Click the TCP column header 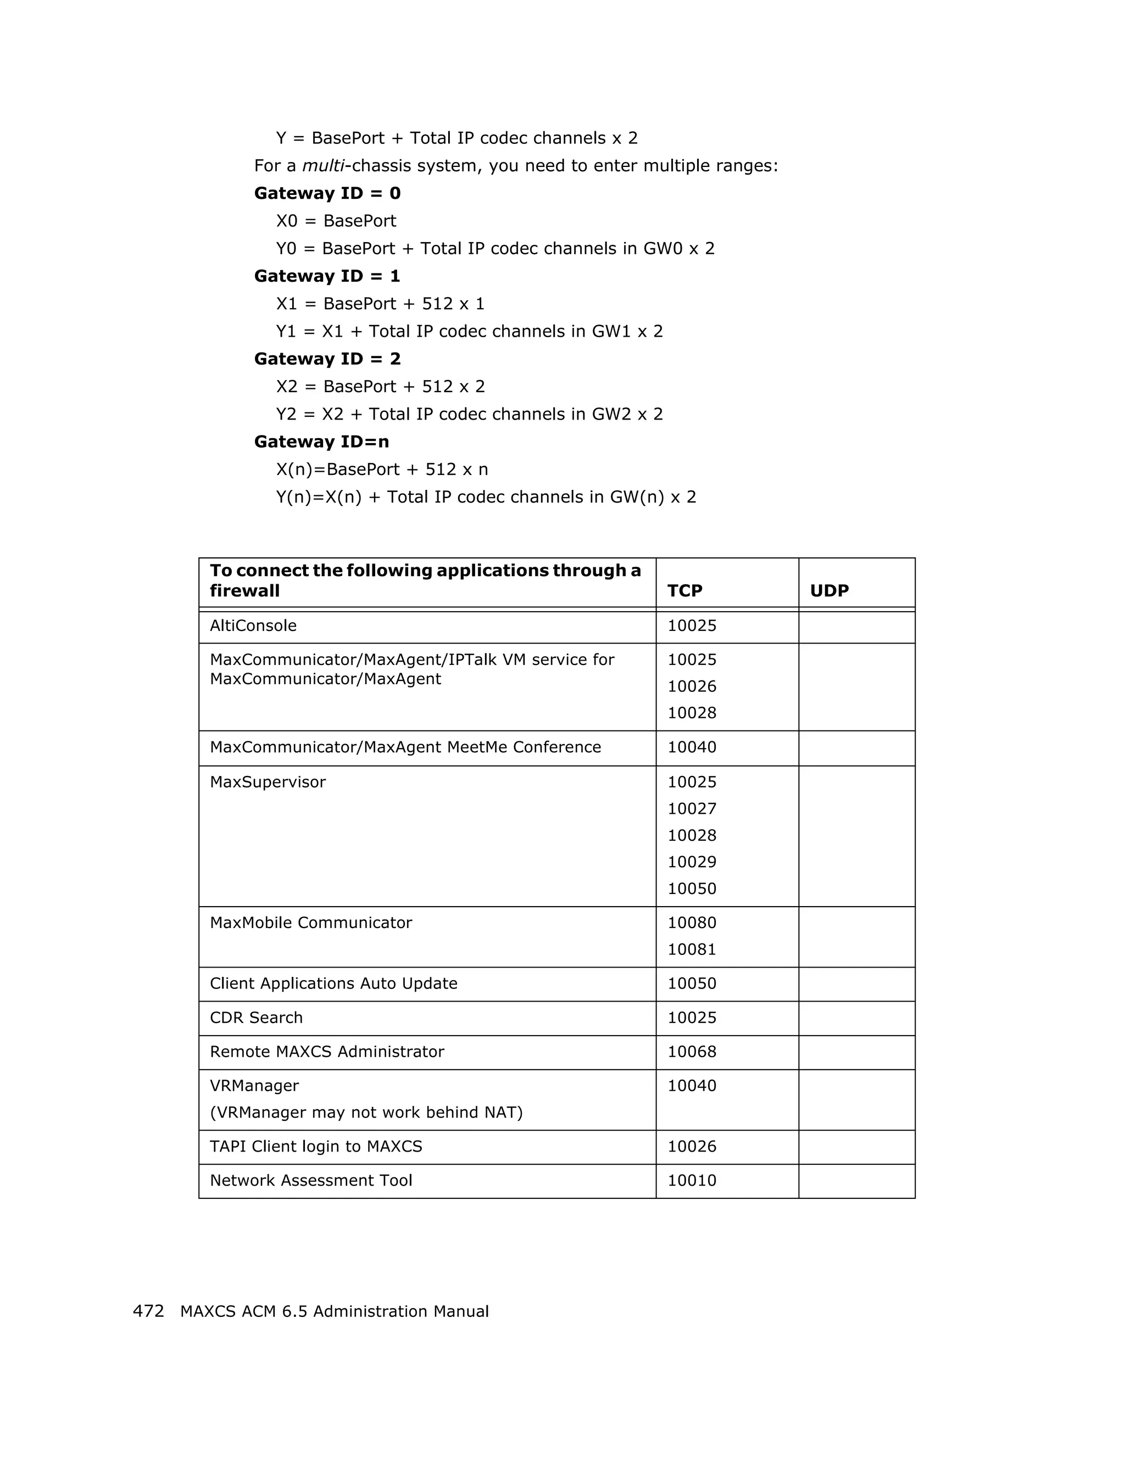[x=684, y=590]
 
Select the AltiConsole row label [x=253, y=625]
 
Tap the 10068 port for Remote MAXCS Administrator [x=692, y=1052]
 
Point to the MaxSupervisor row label [x=268, y=782]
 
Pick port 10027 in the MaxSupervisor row [x=692, y=808]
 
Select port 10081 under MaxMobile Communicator [x=692, y=949]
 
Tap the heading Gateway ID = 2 [x=327, y=359]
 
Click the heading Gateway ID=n [x=321, y=442]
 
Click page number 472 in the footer [x=148, y=1311]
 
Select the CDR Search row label [x=256, y=1018]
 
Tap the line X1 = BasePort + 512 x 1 [x=380, y=304]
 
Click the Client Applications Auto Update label [x=333, y=984]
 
